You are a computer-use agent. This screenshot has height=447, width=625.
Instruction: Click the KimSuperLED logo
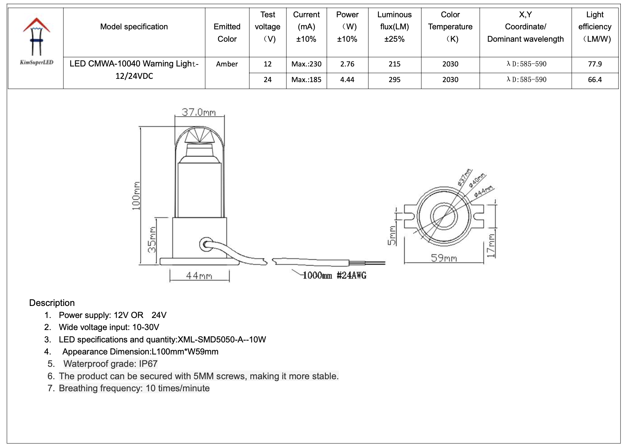click(36, 41)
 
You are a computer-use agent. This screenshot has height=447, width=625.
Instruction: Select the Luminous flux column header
click(394, 27)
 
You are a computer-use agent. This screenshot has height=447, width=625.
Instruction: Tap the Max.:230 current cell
click(306, 64)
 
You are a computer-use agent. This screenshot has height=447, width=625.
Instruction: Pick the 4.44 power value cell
click(347, 80)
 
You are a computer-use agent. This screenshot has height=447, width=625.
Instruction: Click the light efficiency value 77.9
click(595, 64)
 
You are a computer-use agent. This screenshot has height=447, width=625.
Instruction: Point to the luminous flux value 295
click(394, 80)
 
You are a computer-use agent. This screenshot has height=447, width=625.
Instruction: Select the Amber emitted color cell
click(227, 64)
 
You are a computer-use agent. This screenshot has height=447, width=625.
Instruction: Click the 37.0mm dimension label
click(199, 112)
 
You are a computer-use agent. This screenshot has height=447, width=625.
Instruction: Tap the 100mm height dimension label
click(136, 195)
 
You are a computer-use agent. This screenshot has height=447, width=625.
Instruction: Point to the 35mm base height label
click(152, 239)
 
